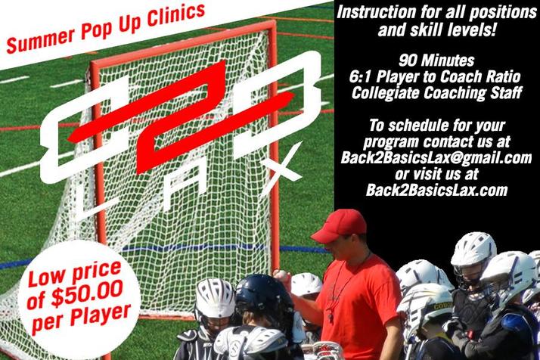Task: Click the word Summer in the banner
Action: click(41, 40)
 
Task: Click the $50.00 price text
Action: click(86, 293)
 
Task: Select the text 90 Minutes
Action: click(436, 61)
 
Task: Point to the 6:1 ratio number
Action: click(360, 77)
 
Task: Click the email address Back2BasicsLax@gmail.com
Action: click(436, 158)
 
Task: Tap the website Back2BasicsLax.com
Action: click(436, 190)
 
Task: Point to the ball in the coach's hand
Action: click(281, 275)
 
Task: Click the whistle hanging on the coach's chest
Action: click(331, 315)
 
